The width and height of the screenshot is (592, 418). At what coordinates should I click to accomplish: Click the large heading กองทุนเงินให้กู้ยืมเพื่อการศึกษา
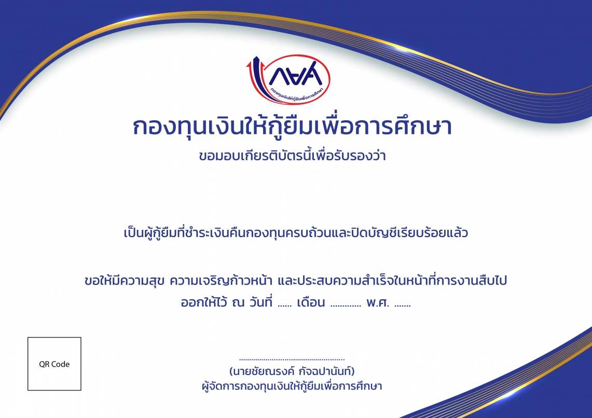click(292, 126)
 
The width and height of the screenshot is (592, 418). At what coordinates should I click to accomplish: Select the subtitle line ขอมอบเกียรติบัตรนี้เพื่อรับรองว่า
click(292, 155)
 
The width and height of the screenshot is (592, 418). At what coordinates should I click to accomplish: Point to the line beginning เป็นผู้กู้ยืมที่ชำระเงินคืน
click(296, 232)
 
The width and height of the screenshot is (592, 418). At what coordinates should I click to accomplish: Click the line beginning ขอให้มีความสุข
click(296, 281)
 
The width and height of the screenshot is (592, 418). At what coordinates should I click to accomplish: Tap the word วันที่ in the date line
click(260, 302)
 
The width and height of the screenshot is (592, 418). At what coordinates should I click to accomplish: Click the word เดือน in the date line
click(311, 302)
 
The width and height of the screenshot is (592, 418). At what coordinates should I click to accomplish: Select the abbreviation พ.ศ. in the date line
click(378, 302)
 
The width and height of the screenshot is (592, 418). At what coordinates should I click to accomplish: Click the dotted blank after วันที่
click(285, 306)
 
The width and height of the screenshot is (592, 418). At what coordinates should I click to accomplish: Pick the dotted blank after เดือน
click(346, 306)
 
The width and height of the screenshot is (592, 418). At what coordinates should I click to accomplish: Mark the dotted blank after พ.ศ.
click(403, 306)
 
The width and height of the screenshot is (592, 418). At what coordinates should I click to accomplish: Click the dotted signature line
click(292, 359)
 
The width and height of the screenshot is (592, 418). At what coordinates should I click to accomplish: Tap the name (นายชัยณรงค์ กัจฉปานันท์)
click(292, 371)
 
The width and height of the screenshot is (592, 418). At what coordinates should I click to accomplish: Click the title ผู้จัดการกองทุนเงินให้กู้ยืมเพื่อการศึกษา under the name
click(292, 386)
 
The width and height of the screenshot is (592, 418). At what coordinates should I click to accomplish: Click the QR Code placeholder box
click(54, 364)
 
